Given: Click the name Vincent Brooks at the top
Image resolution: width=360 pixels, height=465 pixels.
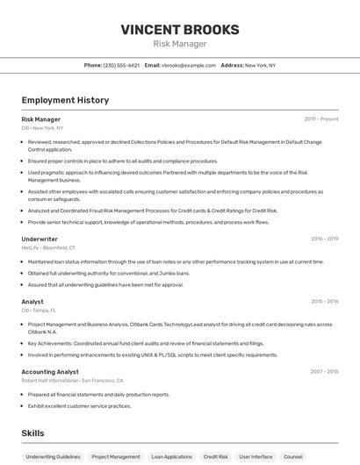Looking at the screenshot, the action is point(179,29).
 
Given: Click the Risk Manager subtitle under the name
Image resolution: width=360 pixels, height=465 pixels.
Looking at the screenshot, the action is point(179,44).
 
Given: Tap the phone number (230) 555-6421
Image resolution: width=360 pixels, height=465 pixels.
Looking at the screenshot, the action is point(121,65).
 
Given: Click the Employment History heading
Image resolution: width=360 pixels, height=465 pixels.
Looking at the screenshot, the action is point(65,100).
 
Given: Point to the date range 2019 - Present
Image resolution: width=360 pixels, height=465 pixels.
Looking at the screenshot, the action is point(321,119).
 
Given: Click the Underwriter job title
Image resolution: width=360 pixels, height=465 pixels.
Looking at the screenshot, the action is point(40,239).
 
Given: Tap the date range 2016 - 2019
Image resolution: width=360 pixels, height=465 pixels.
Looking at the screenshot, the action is point(324,239).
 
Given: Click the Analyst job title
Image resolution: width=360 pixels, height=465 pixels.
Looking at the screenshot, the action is point(32,302).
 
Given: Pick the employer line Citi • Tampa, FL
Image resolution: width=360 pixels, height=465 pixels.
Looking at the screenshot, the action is point(39,311).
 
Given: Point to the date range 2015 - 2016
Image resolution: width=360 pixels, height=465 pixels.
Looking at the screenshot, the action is point(324,302).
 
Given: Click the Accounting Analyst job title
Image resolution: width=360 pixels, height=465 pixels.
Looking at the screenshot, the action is point(50,372).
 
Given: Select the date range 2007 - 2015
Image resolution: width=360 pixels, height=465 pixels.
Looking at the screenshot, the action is point(324,372).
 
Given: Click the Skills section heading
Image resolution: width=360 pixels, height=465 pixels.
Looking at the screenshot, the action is point(32,433).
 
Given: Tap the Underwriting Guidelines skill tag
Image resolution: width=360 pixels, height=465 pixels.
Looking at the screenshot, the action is point(53,457).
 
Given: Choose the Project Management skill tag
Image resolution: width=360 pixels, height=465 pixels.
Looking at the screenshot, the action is point(116,457).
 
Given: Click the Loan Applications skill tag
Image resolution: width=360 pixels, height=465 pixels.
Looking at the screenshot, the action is point(171,457).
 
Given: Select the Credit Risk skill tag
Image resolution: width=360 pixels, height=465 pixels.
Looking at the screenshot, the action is point(216,457).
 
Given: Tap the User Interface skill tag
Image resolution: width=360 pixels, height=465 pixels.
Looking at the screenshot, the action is point(256,457).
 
